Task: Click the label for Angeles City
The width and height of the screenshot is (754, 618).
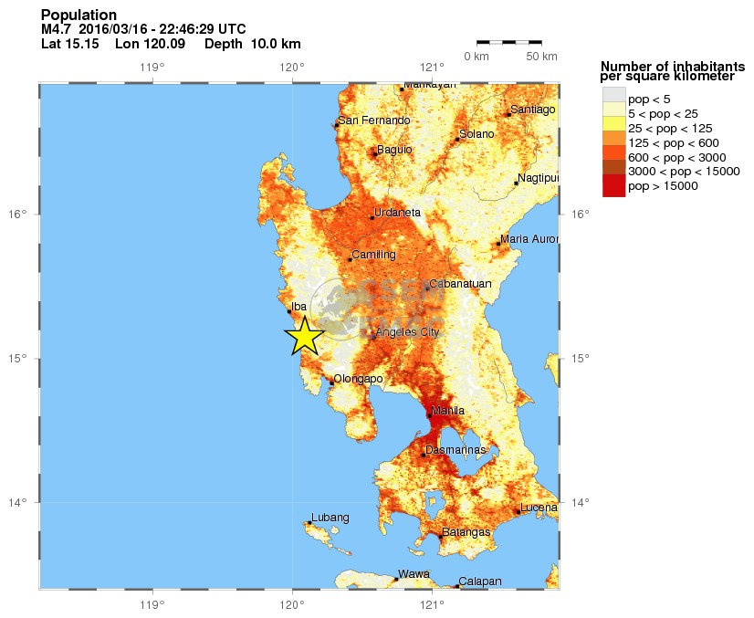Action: pyautogui.click(x=407, y=332)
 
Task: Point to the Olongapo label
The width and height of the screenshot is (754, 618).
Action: pyautogui.click(x=358, y=379)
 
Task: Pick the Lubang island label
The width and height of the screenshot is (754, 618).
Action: pyautogui.click(x=330, y=518)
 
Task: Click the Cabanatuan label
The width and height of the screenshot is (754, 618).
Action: pyautogui.click(x=461, y=284)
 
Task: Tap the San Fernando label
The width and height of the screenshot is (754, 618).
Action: pyautogui.click(x=373, y=120)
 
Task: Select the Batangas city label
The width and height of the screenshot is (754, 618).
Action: pyautogui.click(x=466, y=532)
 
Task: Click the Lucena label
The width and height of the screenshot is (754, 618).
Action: pyautogui.click(x=538, y=508)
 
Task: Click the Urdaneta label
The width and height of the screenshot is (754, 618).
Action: pyautogui.click(x=398, y=213)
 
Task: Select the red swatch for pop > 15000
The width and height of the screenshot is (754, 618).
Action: pyautogui.click(x=613, y=186)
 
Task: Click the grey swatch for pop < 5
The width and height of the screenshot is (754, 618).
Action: pyautogui.click(x=613, y=95)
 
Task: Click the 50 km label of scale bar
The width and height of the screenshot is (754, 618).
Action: pyautogui.click(x=543, y=57)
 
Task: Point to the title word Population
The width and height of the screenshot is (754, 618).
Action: pyautogui.click(x=79, y=16)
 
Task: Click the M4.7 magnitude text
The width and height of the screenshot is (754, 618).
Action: pyautogui.click(x=57, y=29)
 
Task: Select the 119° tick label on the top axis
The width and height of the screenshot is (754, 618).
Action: pyautogui.click(x=152, y=68)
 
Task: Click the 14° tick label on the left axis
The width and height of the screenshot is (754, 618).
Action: pyautogui.click(x=17, y=502)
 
